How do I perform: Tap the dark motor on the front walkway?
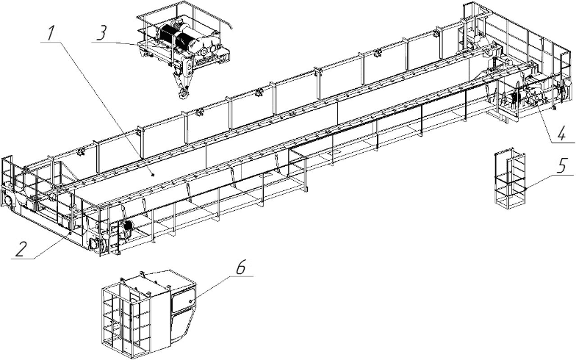tap(126, 230)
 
